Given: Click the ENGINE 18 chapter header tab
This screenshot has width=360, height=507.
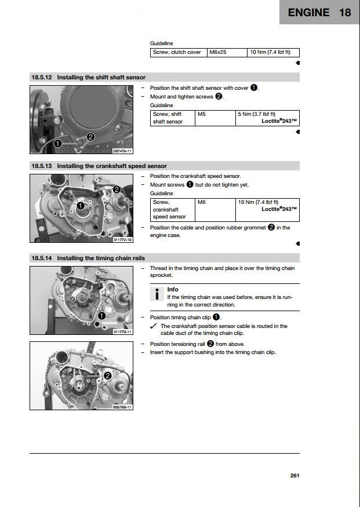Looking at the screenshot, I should (319, 12).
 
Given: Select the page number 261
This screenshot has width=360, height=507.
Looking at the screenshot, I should (294, 476).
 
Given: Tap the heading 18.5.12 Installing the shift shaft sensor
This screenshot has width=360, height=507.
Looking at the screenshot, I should (88, 77).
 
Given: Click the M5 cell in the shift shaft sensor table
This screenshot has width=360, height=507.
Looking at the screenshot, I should (202, 114).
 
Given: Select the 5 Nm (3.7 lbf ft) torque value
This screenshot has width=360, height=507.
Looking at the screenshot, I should (257, 114).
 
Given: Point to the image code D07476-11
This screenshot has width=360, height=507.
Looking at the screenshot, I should (122, 151).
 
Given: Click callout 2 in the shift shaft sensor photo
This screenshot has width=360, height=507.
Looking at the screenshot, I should (90, 137).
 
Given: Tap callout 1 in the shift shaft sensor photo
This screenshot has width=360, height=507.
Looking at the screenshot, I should (58, 143).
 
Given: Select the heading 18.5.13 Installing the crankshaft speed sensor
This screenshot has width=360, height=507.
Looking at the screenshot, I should (99, 166).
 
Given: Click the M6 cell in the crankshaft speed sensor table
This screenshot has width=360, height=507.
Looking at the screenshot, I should (202, 202).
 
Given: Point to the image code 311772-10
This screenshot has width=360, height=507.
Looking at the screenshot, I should (122, 239).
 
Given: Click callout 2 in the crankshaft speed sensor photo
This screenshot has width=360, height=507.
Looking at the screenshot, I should (117, 189).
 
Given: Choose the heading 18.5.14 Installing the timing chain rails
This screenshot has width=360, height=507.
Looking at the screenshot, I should (88, 258).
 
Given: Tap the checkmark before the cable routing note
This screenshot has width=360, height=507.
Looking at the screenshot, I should (154, 326).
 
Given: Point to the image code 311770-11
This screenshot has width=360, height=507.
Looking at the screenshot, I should (122, 331).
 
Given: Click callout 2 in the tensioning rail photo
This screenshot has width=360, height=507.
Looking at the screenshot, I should (107, 375).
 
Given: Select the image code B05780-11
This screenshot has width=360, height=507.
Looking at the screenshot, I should (122, 407).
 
